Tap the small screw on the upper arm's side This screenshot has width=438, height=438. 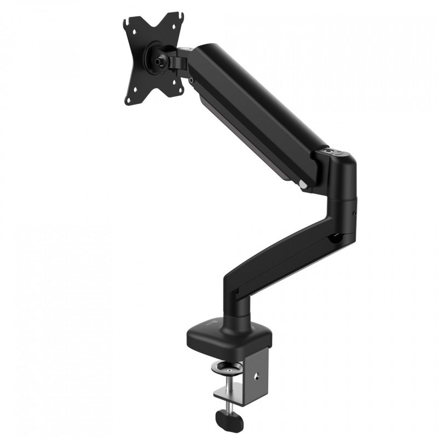tap(191, 80)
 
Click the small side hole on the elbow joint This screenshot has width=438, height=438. tap(355, 213)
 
